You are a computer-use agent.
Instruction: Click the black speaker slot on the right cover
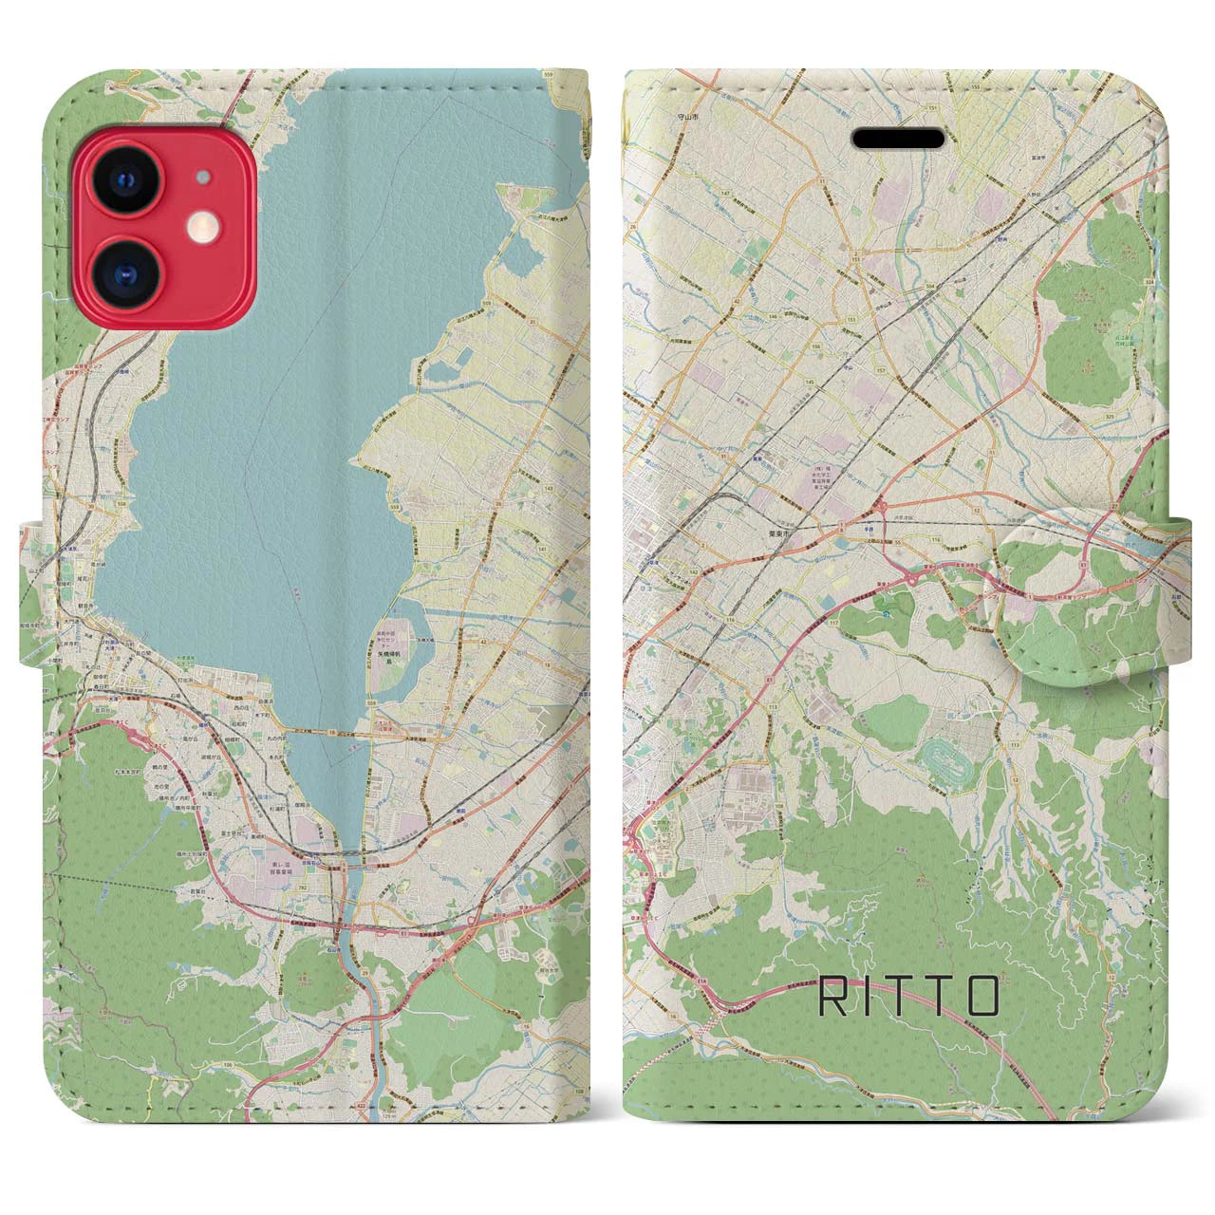click(910, 140)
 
